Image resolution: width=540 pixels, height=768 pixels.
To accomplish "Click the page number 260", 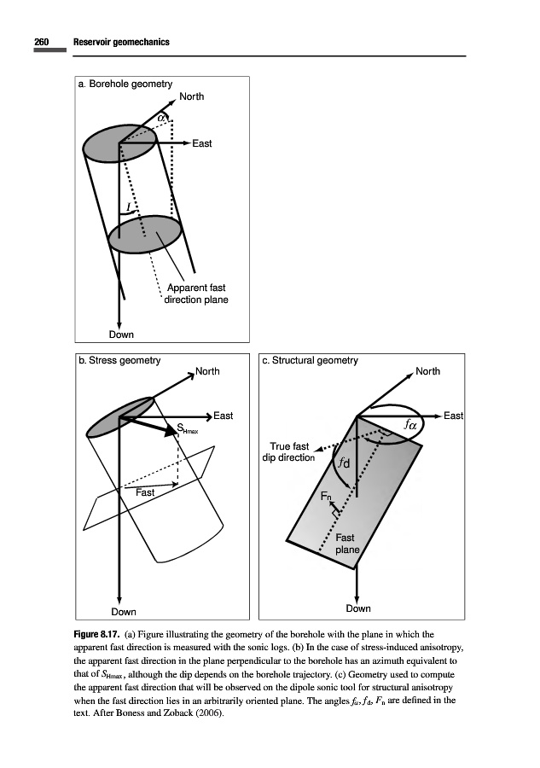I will [x=42, y=42].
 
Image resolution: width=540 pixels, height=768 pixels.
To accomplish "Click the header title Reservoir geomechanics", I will [x=121, y=42].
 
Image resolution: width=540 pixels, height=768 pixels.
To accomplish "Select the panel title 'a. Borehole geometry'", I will [x=125, y=84].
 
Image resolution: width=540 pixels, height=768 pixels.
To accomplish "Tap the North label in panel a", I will [x=192, y=96].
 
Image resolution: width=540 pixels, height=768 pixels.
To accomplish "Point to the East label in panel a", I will [x=201, y=143].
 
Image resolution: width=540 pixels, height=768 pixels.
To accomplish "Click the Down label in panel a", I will [x=120, y=335].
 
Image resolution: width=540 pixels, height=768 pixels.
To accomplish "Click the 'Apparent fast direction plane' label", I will [x=196, y=294].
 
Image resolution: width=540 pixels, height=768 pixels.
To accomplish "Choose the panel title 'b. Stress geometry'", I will [x=119, y=361].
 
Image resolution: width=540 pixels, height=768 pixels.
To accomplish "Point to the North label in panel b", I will [x=207, y=371].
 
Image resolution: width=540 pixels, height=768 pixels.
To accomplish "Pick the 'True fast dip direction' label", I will [x=290, y=451].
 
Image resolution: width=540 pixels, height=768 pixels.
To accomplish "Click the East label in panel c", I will [x=454, y=416].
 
